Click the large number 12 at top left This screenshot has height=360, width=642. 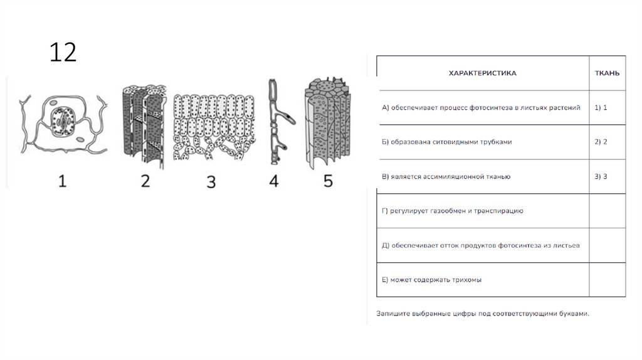click(63, 52)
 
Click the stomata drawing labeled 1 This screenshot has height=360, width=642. click(63, 124)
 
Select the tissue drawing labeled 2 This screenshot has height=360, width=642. click(145, 126)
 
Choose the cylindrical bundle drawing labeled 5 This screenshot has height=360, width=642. click(327, 123)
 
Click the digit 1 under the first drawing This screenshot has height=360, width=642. click(62, 181)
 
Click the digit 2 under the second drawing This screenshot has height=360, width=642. click(145, 181)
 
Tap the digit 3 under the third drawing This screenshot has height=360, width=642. click(211, 182)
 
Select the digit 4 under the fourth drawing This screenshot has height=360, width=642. click(274, 181)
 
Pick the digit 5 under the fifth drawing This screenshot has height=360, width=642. click(328, 181)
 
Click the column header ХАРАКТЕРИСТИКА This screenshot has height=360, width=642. click(482, 73)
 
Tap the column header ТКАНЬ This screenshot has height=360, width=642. click(607, 73)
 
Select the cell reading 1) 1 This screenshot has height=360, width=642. click(601, 108)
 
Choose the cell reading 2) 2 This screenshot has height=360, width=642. click(601, 142)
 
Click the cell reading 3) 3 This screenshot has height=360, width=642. click(601, 176)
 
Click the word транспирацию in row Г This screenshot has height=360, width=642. click(498, 211)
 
